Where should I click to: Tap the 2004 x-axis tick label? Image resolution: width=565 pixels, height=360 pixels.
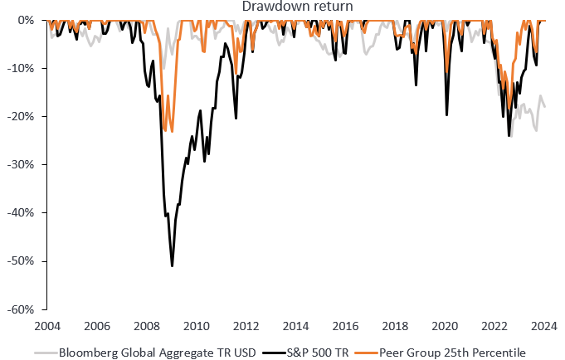tap(47, 325)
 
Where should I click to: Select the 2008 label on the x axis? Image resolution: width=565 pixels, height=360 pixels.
tap(147, 325)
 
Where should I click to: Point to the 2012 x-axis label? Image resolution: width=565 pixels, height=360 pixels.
tap(246, 325)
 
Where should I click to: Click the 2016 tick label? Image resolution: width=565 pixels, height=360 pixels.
tap(346, 325)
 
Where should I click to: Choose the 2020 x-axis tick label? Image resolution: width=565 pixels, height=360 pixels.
tap(446, 325)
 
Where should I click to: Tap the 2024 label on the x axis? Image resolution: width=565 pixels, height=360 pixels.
tap(545, 325)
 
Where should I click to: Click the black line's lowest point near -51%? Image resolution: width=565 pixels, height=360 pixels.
tap(172, 266)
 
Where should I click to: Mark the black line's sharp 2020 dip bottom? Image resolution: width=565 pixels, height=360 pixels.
tap(447, 114)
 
